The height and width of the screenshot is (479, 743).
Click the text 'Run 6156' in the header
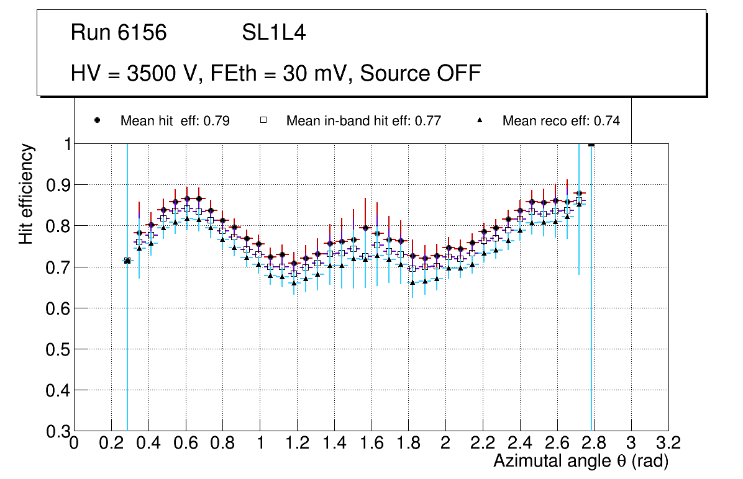119,33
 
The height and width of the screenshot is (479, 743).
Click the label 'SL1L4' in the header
273,33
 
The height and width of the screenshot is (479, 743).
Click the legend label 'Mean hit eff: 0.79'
175,121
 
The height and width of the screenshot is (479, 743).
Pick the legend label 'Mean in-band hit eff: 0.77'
363,121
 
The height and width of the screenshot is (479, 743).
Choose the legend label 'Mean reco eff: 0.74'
561,121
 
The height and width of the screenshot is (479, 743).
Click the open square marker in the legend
263,120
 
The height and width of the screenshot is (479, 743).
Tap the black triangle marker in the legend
480,120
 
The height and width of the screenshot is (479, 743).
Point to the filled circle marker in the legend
97,120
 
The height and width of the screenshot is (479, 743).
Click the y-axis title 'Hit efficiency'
26,194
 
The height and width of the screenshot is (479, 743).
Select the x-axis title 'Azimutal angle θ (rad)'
581,461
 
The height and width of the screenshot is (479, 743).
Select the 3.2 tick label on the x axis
668,442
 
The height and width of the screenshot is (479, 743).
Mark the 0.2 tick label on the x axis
111,442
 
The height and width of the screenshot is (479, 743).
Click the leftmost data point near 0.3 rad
127,261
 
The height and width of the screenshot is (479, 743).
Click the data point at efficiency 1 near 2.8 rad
591,144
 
